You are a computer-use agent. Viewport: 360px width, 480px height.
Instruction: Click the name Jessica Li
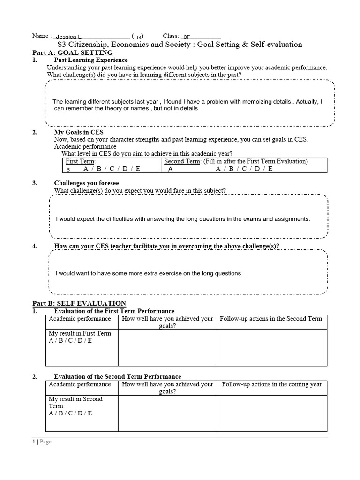coord(67,37)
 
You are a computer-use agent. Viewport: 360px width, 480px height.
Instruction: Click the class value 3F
coord(187,37)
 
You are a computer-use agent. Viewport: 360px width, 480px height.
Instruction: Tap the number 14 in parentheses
coord(139,37)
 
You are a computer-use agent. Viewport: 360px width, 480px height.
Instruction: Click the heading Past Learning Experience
coord(91,60)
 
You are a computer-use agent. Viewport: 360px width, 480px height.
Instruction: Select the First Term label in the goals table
coord(81,161)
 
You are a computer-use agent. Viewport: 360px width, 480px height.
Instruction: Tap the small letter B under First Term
coord(68,170)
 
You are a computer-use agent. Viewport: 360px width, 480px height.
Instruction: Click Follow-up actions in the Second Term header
coord(271,319)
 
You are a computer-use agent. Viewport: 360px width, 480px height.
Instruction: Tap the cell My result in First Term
coord(82,337)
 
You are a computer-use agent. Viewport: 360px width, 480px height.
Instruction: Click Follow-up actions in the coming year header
coord(271,384)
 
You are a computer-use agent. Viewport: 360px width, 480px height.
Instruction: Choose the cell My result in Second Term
coord(75,403)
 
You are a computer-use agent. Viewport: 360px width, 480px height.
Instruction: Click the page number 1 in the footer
coord(34,441)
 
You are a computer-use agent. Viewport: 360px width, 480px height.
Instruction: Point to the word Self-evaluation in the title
coord(274,45)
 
